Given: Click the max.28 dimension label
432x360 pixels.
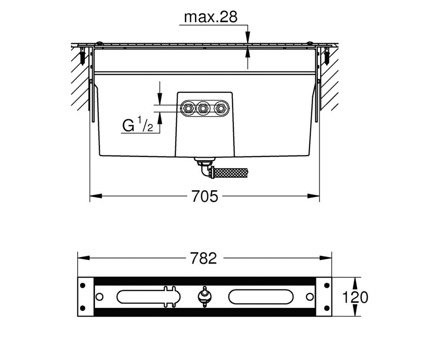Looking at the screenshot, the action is (211, 17).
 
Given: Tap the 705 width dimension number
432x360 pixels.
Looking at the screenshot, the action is (205, 196).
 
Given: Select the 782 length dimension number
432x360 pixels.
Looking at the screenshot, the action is (203, 258).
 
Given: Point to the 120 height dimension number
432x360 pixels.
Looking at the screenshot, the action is (355, 297).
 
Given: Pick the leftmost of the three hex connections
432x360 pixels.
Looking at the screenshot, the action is (188, 108).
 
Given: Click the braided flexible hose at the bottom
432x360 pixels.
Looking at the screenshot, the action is (230, 173).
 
